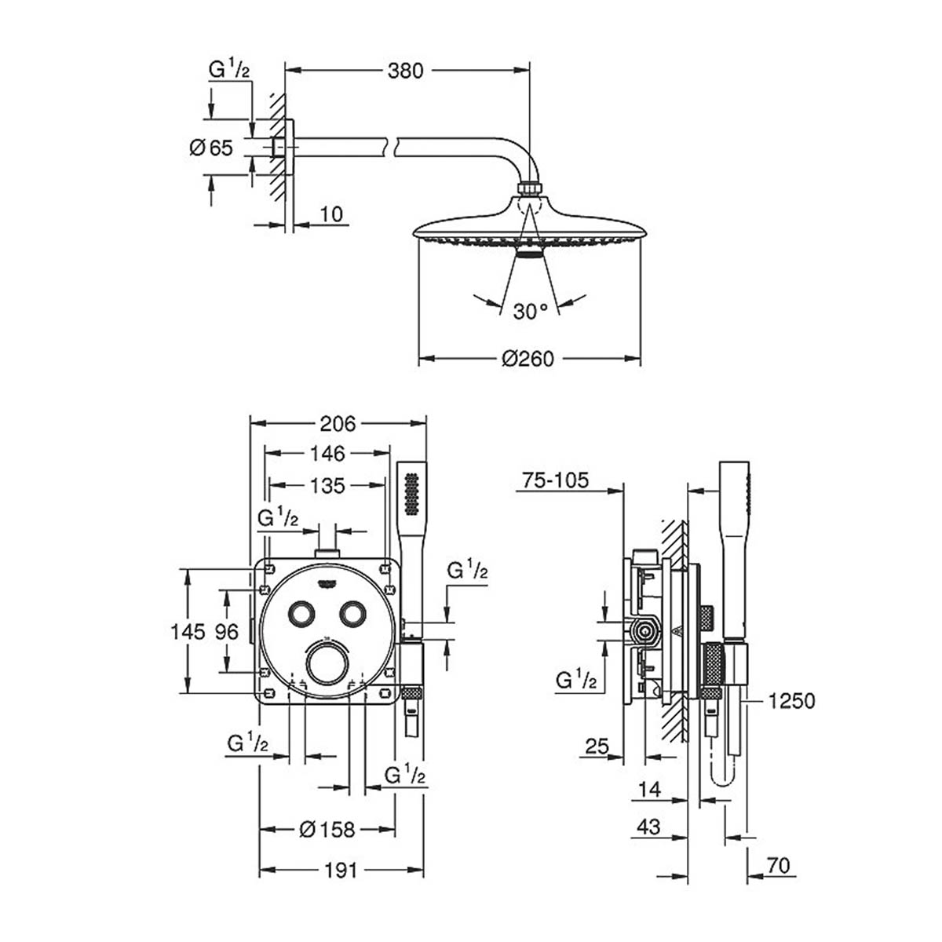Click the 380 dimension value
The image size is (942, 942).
405,71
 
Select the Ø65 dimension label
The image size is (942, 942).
212,147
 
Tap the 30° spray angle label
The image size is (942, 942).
531,312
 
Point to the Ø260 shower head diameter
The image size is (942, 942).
528,359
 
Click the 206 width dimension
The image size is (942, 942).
338,424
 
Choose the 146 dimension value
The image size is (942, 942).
327,453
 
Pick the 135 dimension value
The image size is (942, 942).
327,486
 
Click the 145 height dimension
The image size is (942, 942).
191,630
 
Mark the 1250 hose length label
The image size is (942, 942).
792,701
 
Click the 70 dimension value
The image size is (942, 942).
778,866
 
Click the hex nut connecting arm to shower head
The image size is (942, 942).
529,191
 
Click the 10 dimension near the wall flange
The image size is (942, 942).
331,214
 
